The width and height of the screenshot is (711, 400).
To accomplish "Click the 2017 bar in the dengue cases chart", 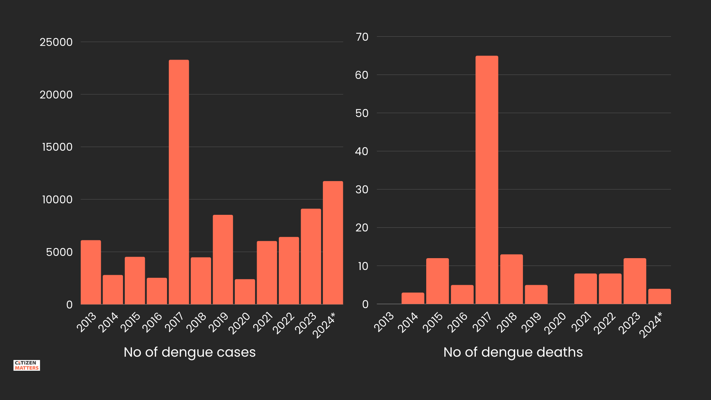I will pos(179,182).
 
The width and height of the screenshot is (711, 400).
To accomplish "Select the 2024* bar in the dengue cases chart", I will pos(333,243).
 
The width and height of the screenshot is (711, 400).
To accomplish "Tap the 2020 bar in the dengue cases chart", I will pos(245,291).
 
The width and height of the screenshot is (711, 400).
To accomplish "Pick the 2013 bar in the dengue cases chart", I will pos(91,272).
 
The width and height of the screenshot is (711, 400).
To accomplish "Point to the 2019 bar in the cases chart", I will pos(223,259).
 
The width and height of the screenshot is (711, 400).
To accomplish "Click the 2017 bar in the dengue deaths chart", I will pos(487,180).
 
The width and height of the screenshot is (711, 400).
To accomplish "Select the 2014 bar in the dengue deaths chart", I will pos(413,298).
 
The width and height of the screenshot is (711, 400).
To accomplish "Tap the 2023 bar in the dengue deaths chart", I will pos(635,281).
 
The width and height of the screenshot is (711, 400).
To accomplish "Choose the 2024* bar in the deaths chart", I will pos(659,296).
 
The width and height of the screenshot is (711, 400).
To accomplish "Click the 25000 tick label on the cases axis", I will pos(56,42).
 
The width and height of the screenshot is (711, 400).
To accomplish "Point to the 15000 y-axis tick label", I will pos(57,147).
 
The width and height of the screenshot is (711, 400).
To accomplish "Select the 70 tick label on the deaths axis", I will pos(362,37).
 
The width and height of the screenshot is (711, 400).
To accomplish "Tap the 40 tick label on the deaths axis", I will pos(362,151).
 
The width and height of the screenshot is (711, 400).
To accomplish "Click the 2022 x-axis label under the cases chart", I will pos(284,323).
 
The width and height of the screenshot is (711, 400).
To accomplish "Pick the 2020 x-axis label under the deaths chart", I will pos(555,323).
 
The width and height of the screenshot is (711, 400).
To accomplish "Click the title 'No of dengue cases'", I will pos(190,352).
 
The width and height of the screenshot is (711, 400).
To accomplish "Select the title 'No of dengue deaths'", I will pos(513,352).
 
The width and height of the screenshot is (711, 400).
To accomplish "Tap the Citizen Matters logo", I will pos(27,365).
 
